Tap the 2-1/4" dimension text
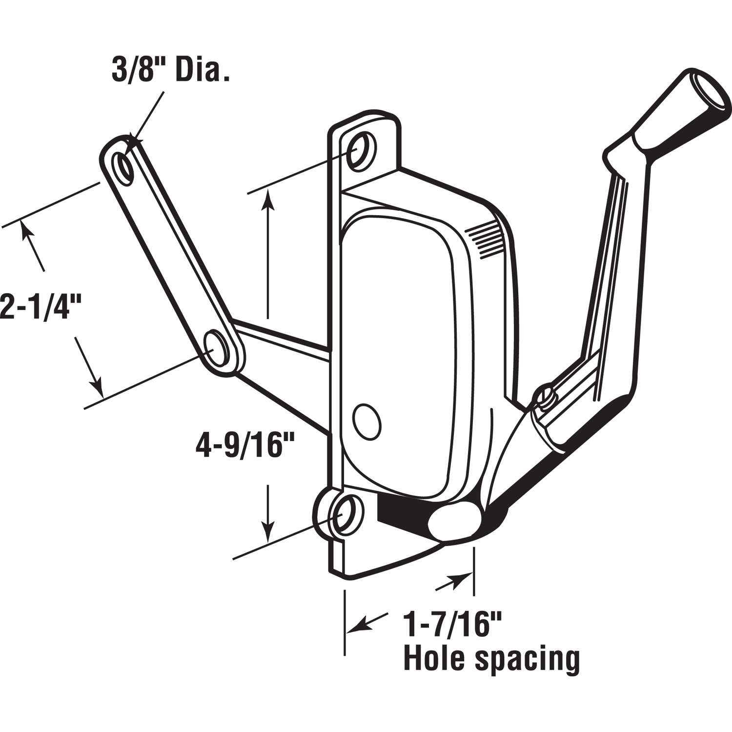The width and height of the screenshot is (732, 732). [40, 306]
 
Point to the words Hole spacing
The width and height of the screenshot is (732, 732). [491, 659]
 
